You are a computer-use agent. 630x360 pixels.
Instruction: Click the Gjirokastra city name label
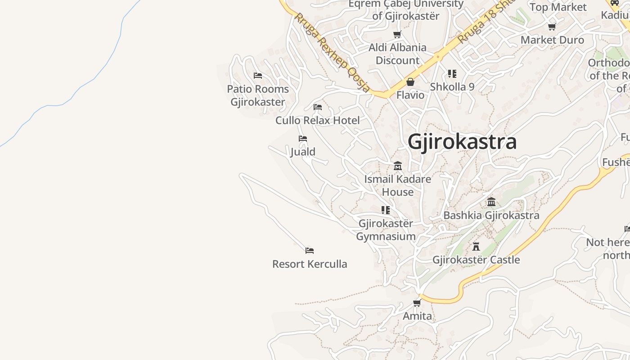click(x=462, y=142)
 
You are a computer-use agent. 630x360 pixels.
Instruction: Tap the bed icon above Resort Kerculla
click(x=310, y=251)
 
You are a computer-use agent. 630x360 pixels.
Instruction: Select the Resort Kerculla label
click(x=310, y=264)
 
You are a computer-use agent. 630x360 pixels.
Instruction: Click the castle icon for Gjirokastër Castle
click(x=476, y=247)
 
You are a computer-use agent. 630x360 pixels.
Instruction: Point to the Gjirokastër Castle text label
click(x=476, y=260)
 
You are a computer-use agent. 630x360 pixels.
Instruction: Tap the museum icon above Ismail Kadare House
click(x=397, y=166)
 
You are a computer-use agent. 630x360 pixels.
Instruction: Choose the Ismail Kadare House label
click(x=397, y=185)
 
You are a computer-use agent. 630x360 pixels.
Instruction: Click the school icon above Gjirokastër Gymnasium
click(x=386, y=210)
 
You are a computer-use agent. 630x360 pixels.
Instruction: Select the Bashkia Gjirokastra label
click(x=491, y=216)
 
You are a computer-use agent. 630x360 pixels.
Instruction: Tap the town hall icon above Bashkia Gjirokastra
click(x=491, y=202)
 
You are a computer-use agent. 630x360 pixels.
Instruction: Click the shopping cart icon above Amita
click(x=417, y=303)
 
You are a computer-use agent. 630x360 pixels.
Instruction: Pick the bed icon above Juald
click(x=303, y=139)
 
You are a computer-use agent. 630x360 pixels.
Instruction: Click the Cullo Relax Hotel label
click(x=318, y=121)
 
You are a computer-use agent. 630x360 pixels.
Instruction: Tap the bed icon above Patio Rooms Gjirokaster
click(x=258, y=76)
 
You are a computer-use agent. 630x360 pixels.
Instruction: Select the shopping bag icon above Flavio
click(x=410, y=82)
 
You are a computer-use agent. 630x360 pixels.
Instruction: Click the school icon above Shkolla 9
click(x=452, y=74)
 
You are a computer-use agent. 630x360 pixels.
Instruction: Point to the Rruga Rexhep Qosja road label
click(x=332, y=52)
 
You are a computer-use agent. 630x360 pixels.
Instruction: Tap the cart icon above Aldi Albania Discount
click(x=397, y=35)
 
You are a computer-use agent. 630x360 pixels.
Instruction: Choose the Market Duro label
click(x=552, y=40)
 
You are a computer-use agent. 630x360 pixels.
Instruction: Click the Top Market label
click(x=558, y=7)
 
